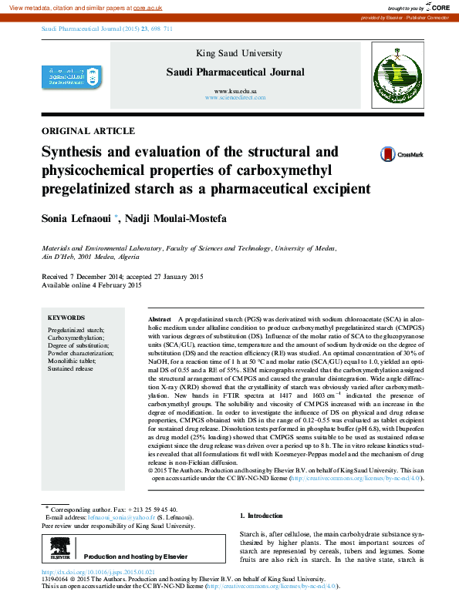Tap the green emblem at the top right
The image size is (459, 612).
coord(393,73)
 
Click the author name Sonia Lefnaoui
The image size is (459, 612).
coord(77,219)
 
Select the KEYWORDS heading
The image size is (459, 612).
coord(66,318)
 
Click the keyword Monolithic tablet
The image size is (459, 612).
coord(72,361)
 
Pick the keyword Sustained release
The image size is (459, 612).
coord(70,369)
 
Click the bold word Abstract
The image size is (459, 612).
coord(159,319)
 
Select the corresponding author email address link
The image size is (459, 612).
coord(136,518)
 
